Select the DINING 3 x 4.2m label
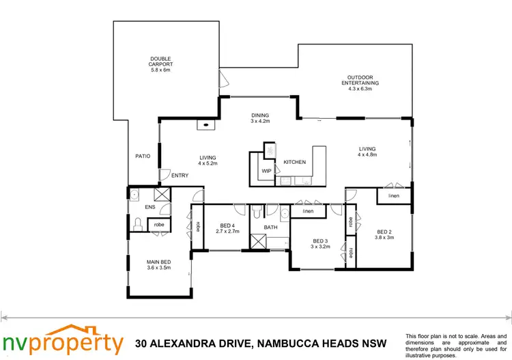(259, 118)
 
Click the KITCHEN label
(294, 162)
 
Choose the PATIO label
(143, 156)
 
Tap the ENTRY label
(180, 176)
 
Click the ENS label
(150, 207)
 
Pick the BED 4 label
(227, 229)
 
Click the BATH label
(270, 227)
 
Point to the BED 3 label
(320, 244)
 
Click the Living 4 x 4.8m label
(367, 152)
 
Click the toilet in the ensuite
(138, 223)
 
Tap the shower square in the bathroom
(259, 242)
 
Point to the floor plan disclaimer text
(453, 345)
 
